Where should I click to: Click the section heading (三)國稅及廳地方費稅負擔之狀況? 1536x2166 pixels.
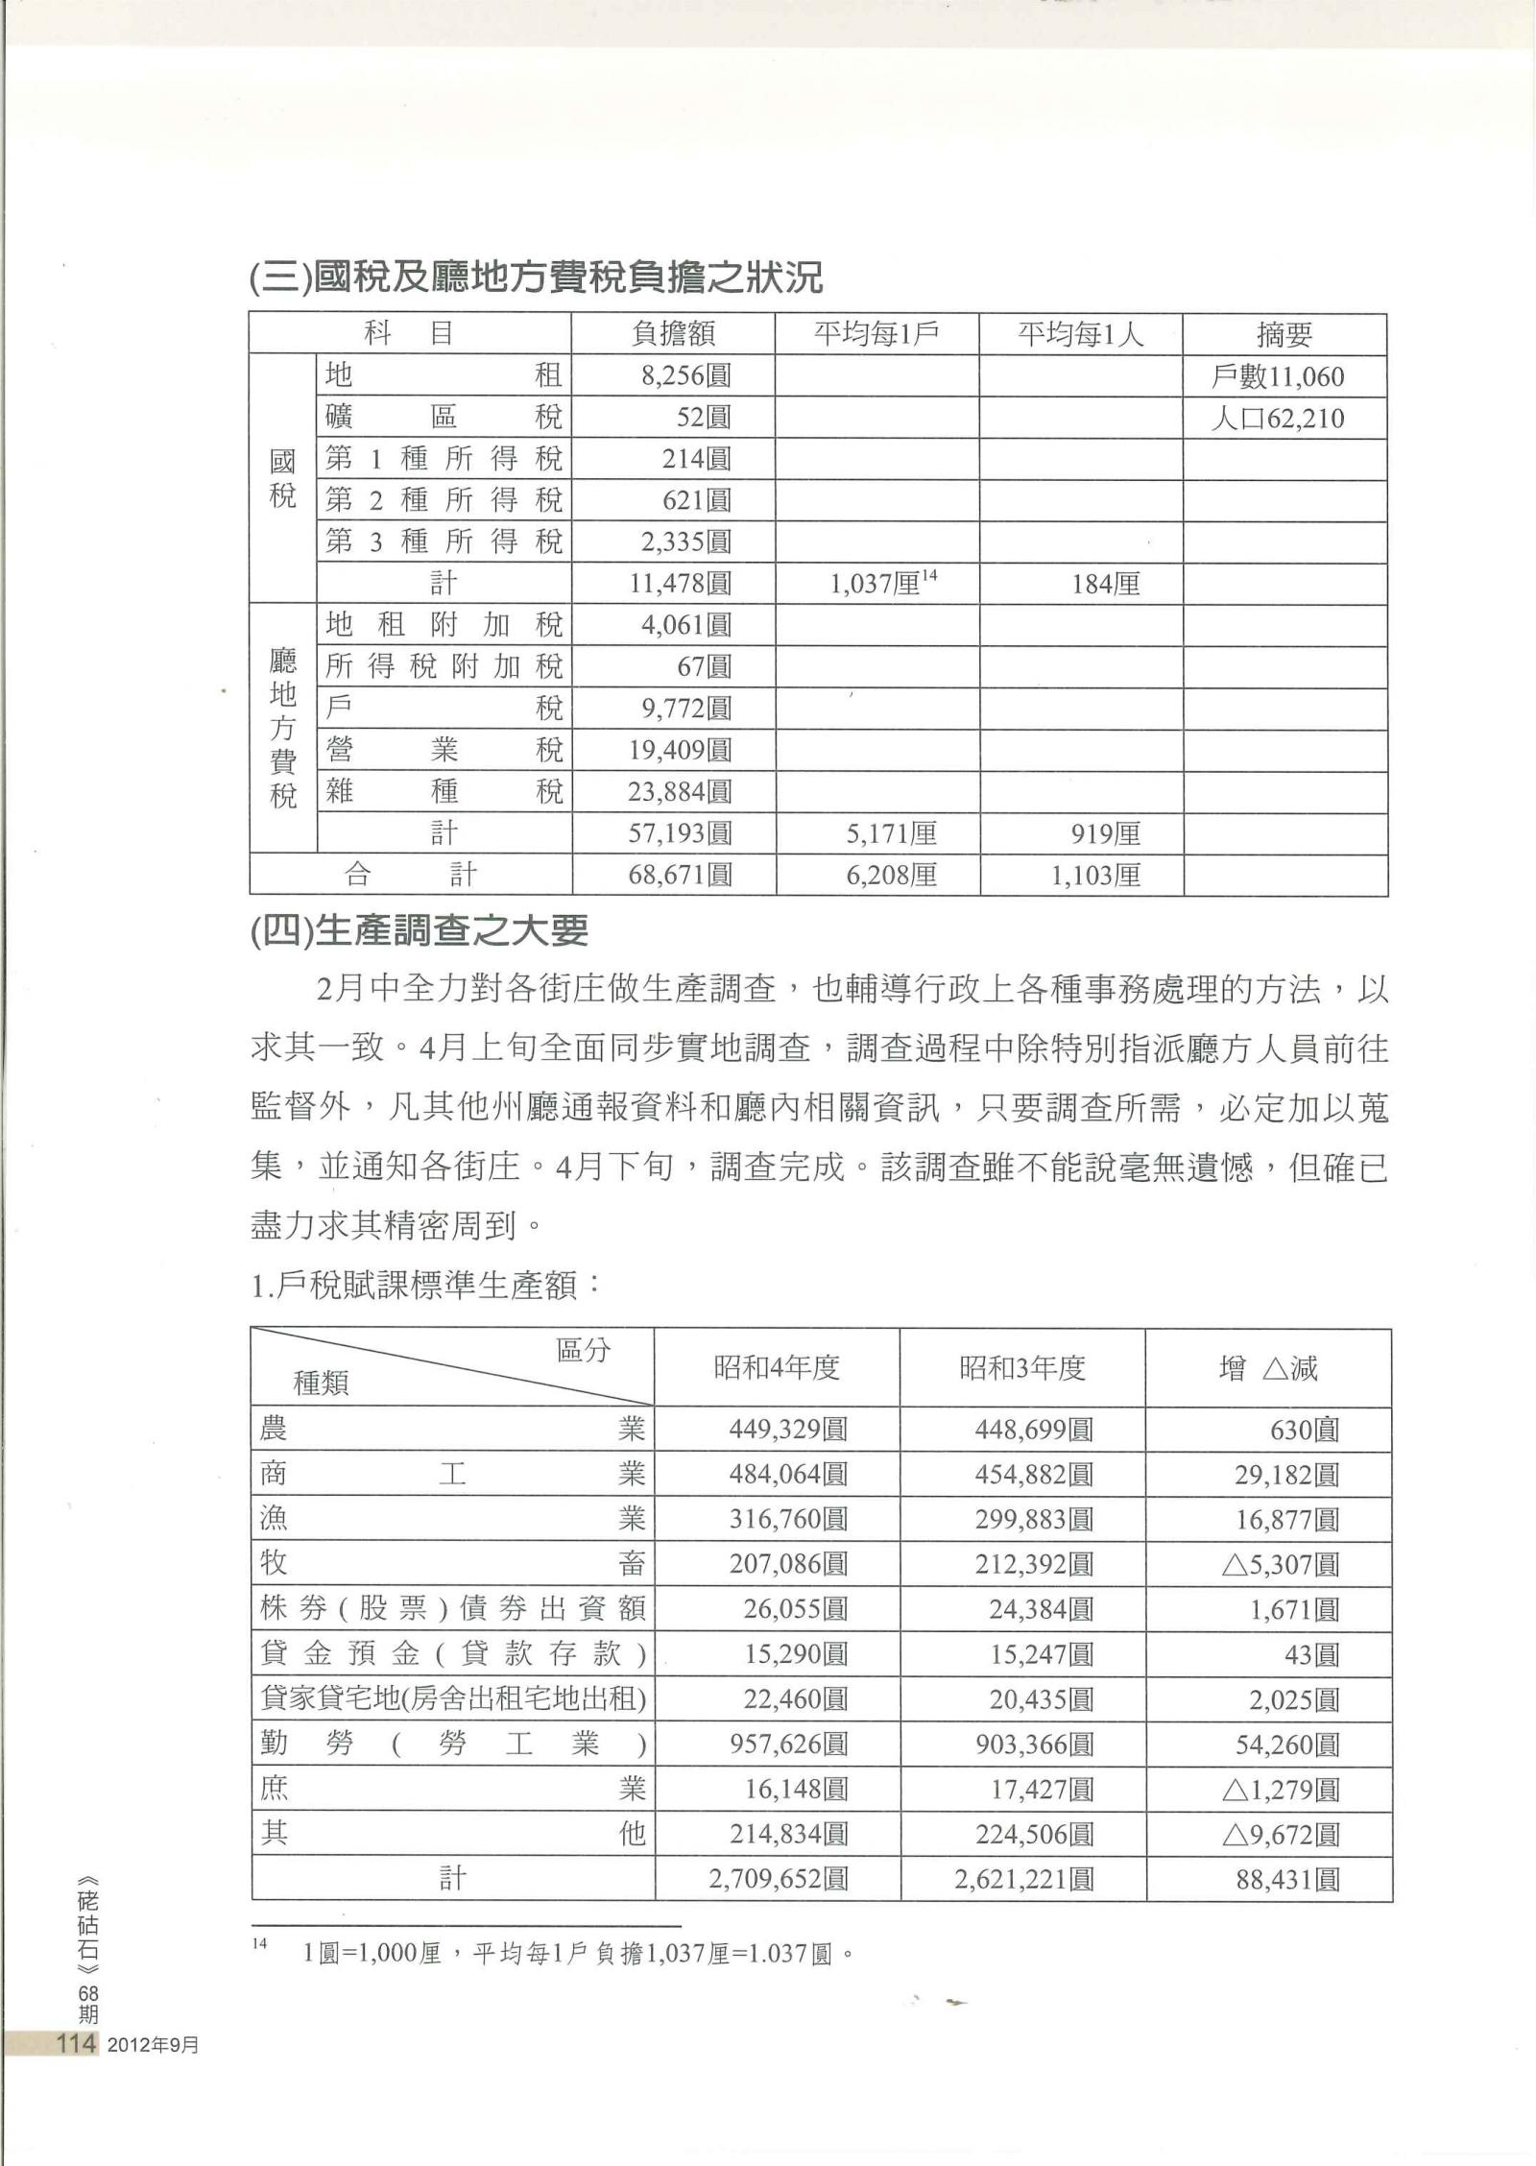point(536,278)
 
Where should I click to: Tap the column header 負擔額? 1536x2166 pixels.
point(673,334)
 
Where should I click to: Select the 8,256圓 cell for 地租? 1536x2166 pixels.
point(686,375)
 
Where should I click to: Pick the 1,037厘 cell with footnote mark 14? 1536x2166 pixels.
point(882,583)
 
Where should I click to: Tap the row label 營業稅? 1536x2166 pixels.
point(444,750)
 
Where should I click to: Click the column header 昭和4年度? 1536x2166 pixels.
point(777,1367)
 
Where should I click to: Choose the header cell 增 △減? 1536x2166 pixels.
point(1268,1367)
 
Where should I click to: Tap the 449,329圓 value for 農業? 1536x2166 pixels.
point(788,1430)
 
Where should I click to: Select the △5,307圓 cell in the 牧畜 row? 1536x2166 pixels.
point(1281,1565)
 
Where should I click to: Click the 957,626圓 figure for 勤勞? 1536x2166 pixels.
point(788,1745)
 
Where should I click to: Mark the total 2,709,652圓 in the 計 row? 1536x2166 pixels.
point(779,1879)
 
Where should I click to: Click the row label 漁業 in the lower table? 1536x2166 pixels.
point(452,1519)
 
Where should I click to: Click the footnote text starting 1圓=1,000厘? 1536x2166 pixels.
point(577,1954)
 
